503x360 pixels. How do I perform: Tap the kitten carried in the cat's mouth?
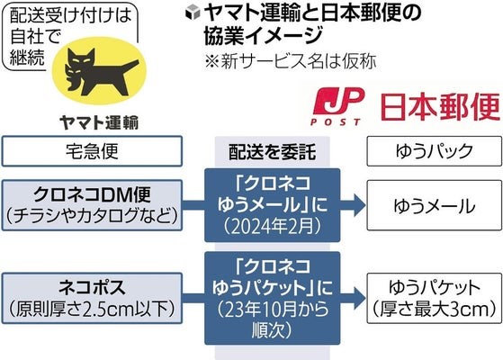pos(73,77)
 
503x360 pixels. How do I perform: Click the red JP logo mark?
pos(338,101)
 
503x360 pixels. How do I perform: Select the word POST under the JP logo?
pos(336,121)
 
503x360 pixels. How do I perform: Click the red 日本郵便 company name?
pos(440,107)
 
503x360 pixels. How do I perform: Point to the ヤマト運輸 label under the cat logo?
pos(99,123)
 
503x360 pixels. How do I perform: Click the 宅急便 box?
pos(92,151)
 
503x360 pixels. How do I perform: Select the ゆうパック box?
pos(435,151)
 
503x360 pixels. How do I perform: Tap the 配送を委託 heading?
pos(272,152)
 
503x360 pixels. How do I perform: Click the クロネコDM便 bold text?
pos(92,194)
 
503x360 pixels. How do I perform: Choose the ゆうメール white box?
pos(435,205)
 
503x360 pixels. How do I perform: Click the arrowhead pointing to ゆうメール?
pos(359,205)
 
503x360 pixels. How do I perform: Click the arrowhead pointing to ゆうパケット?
pos(359,298)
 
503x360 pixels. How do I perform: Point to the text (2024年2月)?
pos(272,227)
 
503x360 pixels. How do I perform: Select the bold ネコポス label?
pos(92,287)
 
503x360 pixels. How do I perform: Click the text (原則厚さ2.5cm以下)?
pos(92,309)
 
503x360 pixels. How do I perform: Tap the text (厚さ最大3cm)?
pos(435,310)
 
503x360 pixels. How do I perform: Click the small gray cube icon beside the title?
pos(193,13)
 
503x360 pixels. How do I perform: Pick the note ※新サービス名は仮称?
pos(291,61)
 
